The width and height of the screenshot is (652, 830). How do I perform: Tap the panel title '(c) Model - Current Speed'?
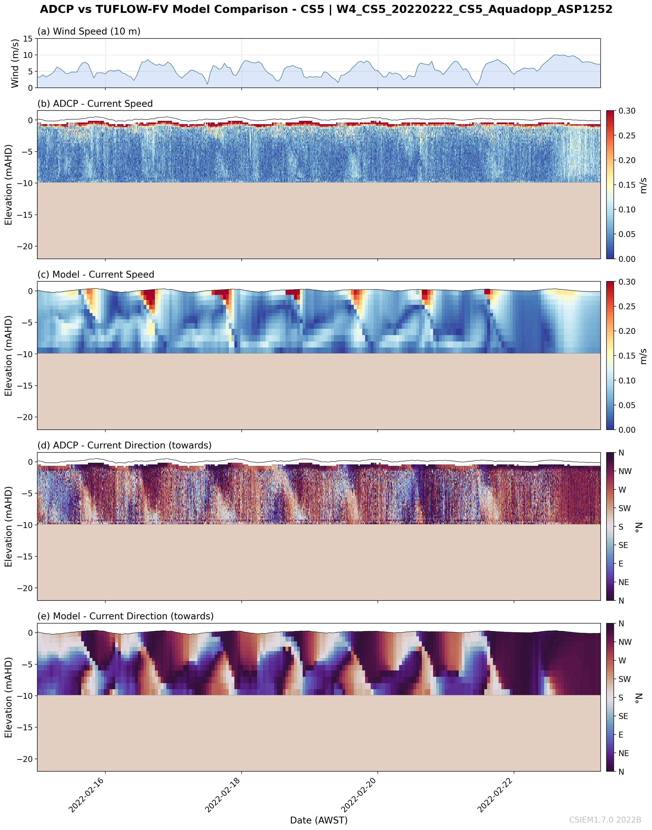pos(96,275)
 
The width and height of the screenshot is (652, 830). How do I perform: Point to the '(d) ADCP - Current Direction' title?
pos(124,445)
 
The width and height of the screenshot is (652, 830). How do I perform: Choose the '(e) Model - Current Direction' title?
pos(125,616)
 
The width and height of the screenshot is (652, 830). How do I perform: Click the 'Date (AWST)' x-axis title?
pos(319,820)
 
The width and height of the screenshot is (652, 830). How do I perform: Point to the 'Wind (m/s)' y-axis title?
pos(15,63)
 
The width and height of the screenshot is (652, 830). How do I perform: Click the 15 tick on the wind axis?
pos(28,38)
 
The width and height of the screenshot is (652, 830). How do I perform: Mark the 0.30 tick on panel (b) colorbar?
pos(627,111)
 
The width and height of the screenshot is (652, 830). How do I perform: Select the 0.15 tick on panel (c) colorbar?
pos(627,356)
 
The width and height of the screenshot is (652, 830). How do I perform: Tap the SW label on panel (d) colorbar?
pos(625,508)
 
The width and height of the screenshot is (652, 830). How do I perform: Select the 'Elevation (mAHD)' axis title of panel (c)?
pos(8,356)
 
